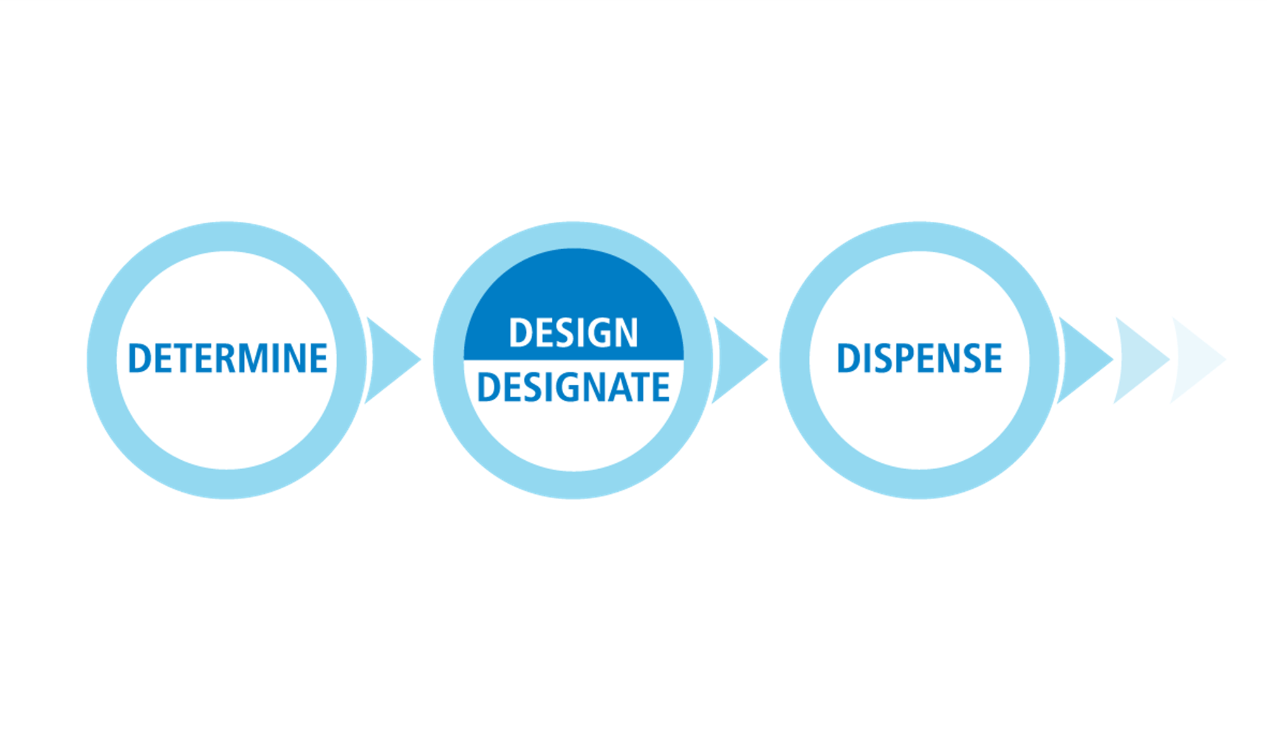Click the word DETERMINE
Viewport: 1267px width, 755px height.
click(x=228, y=358)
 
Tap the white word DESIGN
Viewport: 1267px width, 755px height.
click(x=573, y=332)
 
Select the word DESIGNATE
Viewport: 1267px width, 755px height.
click(x=573, y=387)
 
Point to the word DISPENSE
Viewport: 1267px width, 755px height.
click(x=919, y=358)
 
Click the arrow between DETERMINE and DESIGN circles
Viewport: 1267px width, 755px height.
click(x=393, y=360)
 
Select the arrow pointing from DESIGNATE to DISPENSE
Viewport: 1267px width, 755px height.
click(x=739, y=360)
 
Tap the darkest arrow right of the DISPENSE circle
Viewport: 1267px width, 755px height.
click(x=1085, y=360)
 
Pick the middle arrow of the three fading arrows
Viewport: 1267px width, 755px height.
click(x=1142, y=360)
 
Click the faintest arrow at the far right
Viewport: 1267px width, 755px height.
click(x=1198, y=360)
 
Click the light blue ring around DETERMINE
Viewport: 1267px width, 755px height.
click(x=101, y=360)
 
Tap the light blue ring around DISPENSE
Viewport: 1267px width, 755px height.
click(x=794, y=360)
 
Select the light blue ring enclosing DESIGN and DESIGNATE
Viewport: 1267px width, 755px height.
click(x=448, y=360)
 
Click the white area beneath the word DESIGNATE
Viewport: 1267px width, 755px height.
click(x=573, y=437)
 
